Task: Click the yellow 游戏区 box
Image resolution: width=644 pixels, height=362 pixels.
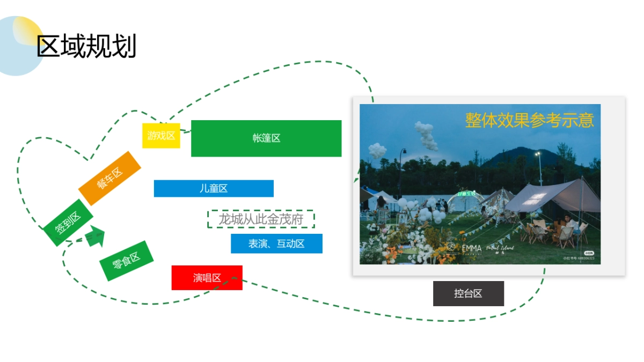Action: pyautogui.click(x=161, y=136)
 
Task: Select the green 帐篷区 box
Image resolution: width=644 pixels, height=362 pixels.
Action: pyautogui.click(x=266, y=138)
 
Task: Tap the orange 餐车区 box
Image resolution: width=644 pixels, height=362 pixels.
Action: pyautogui.click(x=109, y=178)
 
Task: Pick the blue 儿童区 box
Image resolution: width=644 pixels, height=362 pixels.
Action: pyautogui.click(x=214, y=188)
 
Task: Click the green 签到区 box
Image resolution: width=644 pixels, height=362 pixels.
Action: pyautogui.click(x=68, y=223)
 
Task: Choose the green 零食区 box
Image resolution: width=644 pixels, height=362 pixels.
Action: pyautogui.click(x=126, y=261)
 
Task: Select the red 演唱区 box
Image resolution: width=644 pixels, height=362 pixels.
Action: pyautogui.click(x=207, y=278)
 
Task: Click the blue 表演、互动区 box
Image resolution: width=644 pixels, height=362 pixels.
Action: pyautogui.click(x=276, y=243)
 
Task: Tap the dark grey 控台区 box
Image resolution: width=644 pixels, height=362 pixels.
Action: pyautogui.click(x=468, y=293)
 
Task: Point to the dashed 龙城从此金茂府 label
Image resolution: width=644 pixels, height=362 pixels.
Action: pyautogui.click(x=261, y=219)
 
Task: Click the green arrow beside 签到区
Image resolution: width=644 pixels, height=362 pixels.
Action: pyautogui.click(x=96, y=236)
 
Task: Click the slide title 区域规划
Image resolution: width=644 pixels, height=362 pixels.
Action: pyautogui.click(x=86, y=46)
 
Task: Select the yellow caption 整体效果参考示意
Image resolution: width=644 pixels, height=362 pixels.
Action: pyautogui.click(x=529, y=120)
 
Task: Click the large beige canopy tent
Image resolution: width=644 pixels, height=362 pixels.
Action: pyautogui.click(x=553, y=197)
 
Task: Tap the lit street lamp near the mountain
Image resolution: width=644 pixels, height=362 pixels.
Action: pyautogui.click(x=537, y=154)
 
